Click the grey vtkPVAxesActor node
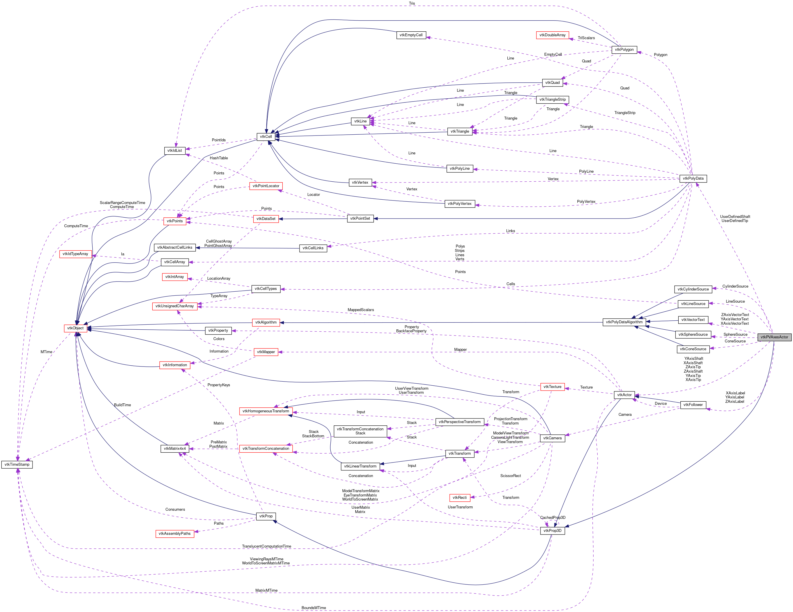774,337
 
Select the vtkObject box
75,328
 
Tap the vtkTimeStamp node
17,464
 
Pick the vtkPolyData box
693,178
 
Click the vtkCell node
266,136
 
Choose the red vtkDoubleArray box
552,35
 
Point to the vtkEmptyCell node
411,35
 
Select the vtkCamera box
552,438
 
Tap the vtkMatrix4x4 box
175,449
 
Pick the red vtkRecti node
460,497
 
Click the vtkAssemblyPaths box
175,534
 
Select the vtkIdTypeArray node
75,254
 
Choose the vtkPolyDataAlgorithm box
624,322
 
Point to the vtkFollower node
693,405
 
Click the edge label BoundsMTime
313,608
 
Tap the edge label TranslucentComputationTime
266,546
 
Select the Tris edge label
412,3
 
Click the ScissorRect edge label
511,476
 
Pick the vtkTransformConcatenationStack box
360,431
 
